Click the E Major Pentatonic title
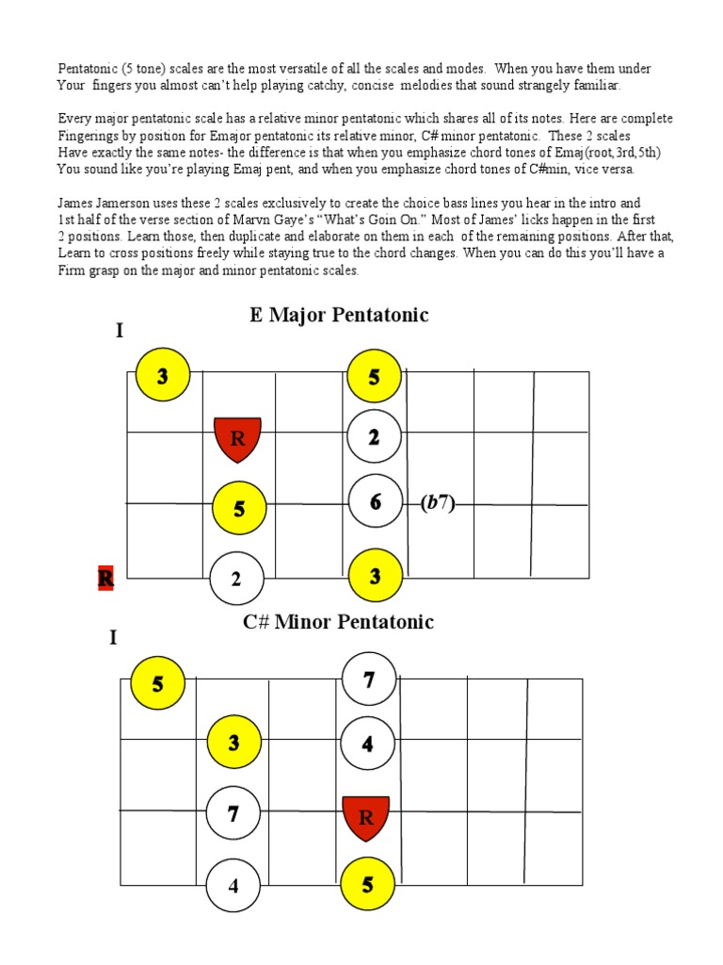(x=339, y=315)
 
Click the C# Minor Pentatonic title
(x=339, y=622)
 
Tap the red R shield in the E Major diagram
(x=237, y=439)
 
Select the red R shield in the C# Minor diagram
(x=366, y=817)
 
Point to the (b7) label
(x=438, y=503)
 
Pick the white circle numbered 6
(x=375, y=502)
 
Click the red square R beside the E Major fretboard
(x=105, y=578)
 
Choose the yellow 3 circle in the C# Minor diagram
(x=233, y=743)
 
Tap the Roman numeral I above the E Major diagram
(x=120, y=331)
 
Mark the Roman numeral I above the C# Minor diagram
(x=113, y=638)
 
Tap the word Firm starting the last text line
(x=72, y=270)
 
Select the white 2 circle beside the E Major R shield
(x=375, y=437)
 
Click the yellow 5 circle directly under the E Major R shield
(x=239, y=509)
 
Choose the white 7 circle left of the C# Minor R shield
(x=233, y=813)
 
